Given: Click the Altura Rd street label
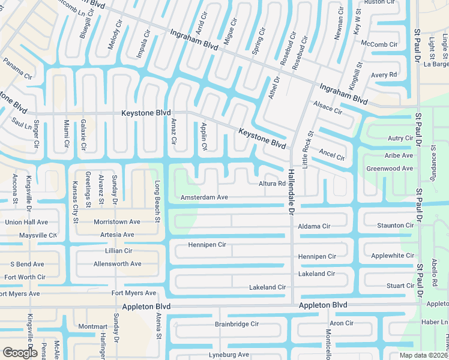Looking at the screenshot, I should (x=272, y=184).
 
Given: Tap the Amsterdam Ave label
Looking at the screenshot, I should (x=204, y=197).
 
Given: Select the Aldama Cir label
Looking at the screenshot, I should (x=314, y=226).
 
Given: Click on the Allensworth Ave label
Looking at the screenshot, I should (x=117, y=263).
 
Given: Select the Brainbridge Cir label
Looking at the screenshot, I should (x=237, y=323).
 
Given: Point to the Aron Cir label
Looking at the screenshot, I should (x=341, y=323).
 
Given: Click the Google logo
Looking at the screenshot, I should (x=20, y=352).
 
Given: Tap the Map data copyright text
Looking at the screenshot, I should (x=424, y=355).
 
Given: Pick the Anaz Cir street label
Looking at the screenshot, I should (x=173, y=132).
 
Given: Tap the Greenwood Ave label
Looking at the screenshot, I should (x=390, y=169).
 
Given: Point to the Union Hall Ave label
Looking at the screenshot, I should (x=26, y=222).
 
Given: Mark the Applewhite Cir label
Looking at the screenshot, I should (x=393, y=255).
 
